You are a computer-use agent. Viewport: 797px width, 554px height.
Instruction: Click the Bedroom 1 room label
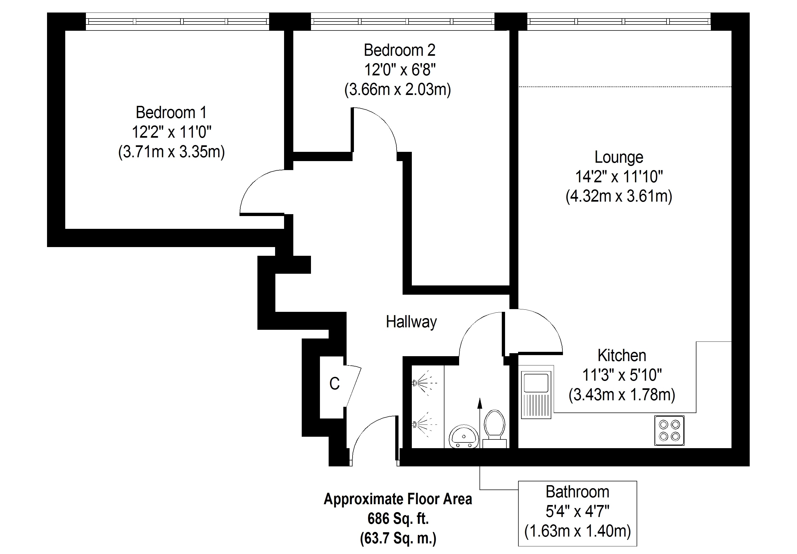[x=171, y=112]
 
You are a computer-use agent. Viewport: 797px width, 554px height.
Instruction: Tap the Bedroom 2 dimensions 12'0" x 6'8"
[x=399, y=70]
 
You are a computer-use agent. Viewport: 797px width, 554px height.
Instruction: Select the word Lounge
[x=619, y=157]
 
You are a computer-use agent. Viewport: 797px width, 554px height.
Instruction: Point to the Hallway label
[x=411, y=322]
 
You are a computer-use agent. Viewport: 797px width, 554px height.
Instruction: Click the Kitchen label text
[x=622, y=355]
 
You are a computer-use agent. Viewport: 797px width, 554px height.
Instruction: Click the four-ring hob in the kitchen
[x=669, y=430]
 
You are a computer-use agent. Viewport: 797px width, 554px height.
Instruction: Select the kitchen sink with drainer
[x=536, y=395]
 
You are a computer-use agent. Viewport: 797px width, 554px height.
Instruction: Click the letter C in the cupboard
[x=334, y=384]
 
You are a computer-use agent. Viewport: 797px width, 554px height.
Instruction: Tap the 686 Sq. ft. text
[x=398, y=519]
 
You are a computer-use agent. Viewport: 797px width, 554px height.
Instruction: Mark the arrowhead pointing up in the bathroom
[x=480, y=403]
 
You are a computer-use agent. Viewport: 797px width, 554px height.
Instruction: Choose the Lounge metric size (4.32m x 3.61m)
[x=619, y=196]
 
